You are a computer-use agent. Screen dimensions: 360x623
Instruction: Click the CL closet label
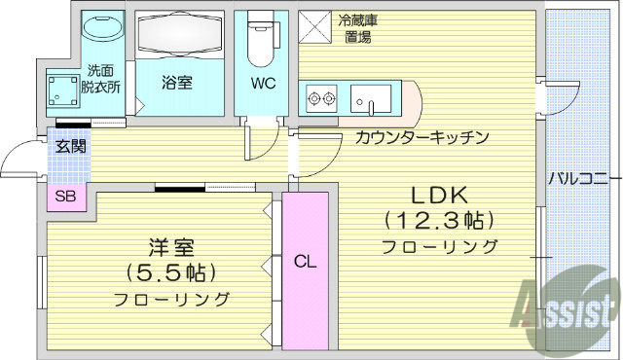(305, 261)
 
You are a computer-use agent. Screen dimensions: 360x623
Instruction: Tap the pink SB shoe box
(66, 197)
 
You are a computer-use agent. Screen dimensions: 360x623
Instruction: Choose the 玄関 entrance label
(70, 147)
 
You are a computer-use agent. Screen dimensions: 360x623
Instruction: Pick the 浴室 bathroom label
(177, 84)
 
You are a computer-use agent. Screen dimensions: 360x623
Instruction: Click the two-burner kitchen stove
(321, 97)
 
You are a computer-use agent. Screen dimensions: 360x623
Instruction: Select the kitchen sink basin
(371, 99)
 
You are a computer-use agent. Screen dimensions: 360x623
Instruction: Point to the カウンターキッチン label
(421, 137)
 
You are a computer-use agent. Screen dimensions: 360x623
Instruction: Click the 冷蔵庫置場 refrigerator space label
(357, 28)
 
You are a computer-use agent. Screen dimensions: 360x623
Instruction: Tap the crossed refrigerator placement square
(314, 26)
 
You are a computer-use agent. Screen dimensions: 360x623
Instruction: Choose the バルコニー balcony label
(578, 178)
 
